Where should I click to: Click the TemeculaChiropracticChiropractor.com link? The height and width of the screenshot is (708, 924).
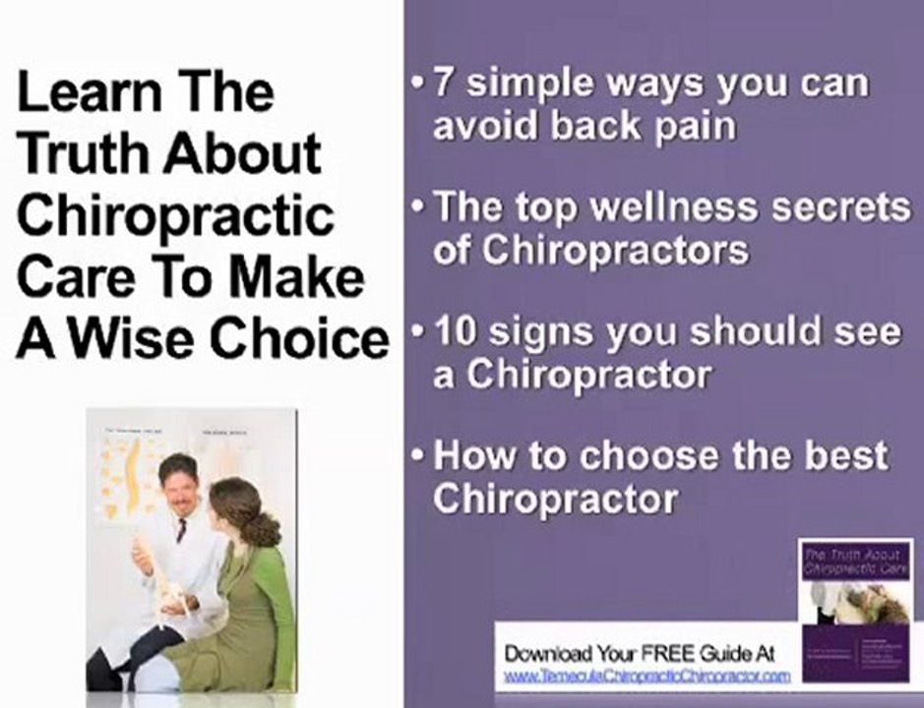[647, 677]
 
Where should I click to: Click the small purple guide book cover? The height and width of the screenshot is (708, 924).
[855, 610]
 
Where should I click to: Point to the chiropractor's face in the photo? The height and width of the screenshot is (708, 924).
[179, 482]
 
